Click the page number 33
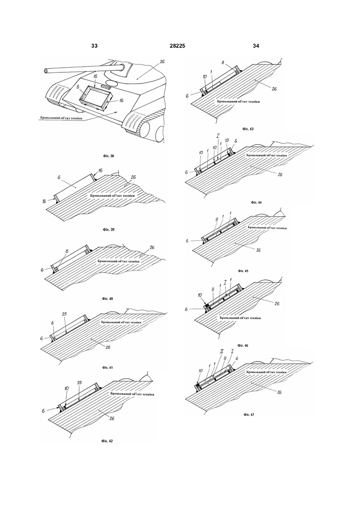[94, 46]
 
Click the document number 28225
[177, 46]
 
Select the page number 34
[256, 46]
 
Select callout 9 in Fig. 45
[216, 219]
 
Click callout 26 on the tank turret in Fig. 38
[162, 61]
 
